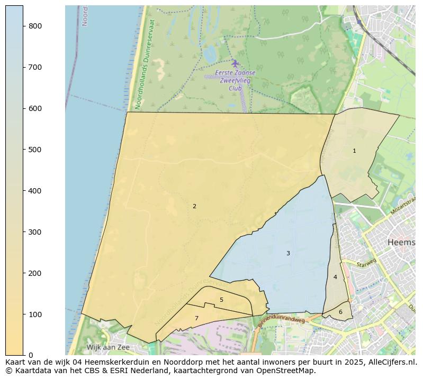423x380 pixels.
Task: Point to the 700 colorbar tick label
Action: click(x=35, y=67)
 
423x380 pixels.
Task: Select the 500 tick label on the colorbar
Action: click(x=35, y=150)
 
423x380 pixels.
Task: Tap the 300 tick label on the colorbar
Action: click(x=35, y=232)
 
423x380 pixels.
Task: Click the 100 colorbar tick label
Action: click(x=35, y=314)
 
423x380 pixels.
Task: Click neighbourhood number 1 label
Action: click(x=354, y=151)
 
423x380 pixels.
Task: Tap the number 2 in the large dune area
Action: click(x=194, y=207)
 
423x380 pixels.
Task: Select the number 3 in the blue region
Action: click(x=288, y=254)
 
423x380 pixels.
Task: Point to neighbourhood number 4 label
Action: click(x=335, y=277)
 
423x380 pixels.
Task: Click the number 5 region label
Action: click(x=221, y=300)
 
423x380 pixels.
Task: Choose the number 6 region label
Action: click(x=340, y=312)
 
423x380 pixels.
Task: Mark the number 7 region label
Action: click(x=196, y=319)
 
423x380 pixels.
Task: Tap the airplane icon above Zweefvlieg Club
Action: click(x=235, y=63)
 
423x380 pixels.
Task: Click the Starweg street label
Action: click(x=366, y=263)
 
